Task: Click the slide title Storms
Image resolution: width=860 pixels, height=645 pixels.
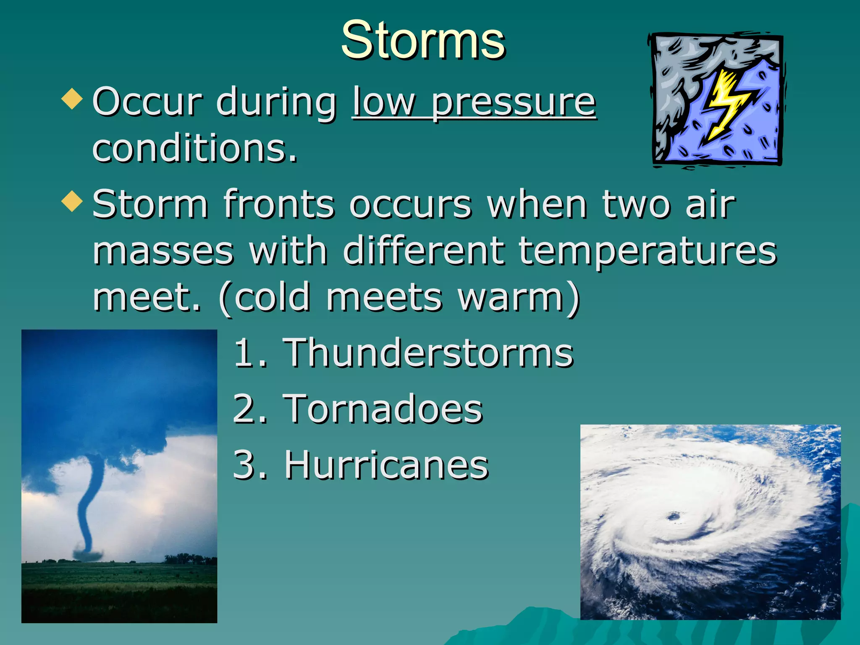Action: click(x=423, y=41)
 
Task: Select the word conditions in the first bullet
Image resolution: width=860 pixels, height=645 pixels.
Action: click(x=194, y=148)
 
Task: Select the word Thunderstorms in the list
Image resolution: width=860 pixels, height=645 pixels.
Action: click(x=428, y=353)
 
